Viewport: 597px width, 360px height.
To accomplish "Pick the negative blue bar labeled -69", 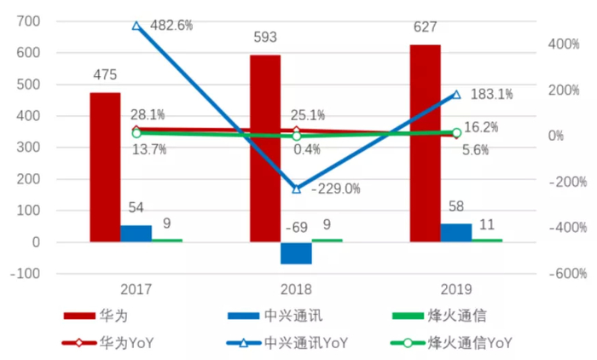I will (x=297, y=253).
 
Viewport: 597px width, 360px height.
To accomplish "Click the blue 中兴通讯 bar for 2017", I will (x=136, y=233).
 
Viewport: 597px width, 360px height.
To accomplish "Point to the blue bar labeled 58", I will (x=456, y=232).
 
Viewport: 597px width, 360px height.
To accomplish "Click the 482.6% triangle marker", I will (x=136, y=26).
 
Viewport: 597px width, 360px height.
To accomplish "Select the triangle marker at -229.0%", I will (x=297, y=189).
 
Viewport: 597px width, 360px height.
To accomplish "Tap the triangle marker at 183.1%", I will (x=456, y=95).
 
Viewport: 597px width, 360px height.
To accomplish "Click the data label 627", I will (x=425, y=28).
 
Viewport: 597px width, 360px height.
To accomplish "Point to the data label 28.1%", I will (x=148, y=114).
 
